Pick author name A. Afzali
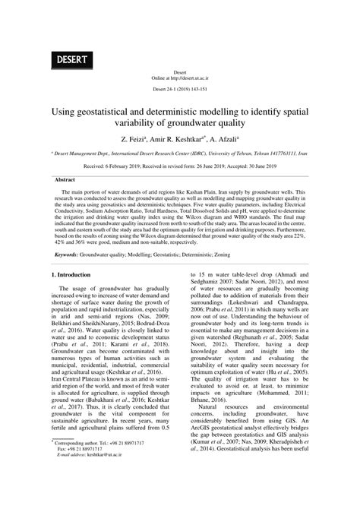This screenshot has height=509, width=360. pos(226,141)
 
